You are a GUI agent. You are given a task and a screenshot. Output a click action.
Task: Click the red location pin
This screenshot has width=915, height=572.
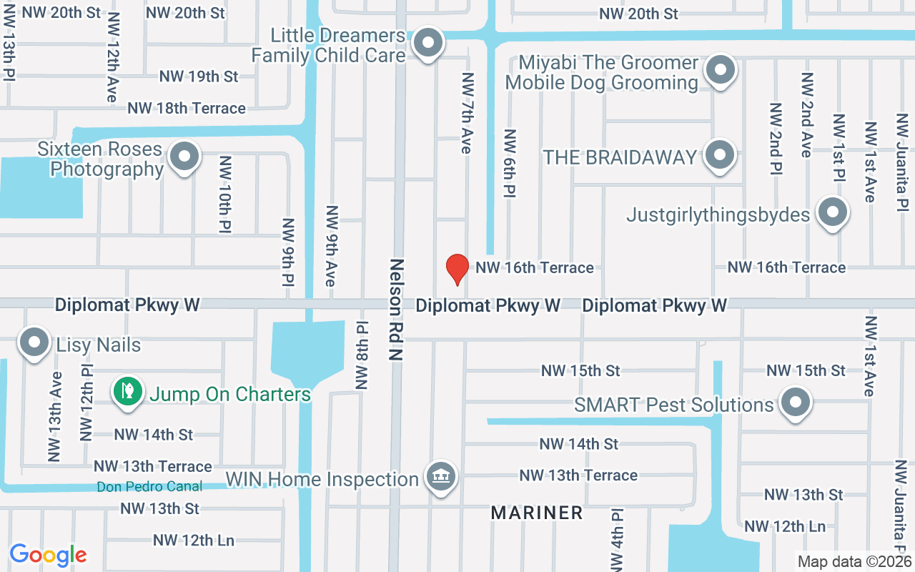457,269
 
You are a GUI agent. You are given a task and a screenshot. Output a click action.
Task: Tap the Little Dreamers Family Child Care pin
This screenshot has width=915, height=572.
428,42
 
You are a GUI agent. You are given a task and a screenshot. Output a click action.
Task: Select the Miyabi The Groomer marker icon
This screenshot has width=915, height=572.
721,70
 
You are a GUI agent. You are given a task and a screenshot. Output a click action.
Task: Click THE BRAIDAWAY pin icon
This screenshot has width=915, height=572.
720,154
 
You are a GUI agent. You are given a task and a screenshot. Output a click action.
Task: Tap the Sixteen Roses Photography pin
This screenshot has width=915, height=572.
185,155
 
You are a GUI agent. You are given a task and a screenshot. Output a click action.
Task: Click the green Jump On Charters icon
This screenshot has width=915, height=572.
127,391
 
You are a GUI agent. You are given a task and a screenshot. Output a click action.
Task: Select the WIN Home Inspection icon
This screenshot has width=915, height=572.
441,477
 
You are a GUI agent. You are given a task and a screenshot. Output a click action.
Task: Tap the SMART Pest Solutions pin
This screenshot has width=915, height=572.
794,403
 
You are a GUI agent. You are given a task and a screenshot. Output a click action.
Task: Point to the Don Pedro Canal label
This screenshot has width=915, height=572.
149,487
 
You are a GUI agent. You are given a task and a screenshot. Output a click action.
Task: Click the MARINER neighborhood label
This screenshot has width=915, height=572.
537,513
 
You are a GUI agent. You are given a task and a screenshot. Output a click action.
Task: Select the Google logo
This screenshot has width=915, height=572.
48,555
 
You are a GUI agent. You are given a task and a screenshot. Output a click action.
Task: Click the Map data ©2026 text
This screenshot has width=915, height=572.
854,562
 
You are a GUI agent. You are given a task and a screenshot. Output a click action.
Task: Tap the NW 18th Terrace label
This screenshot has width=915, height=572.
187,108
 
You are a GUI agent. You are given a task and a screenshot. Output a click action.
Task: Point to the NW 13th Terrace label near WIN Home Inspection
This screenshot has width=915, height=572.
578,475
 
